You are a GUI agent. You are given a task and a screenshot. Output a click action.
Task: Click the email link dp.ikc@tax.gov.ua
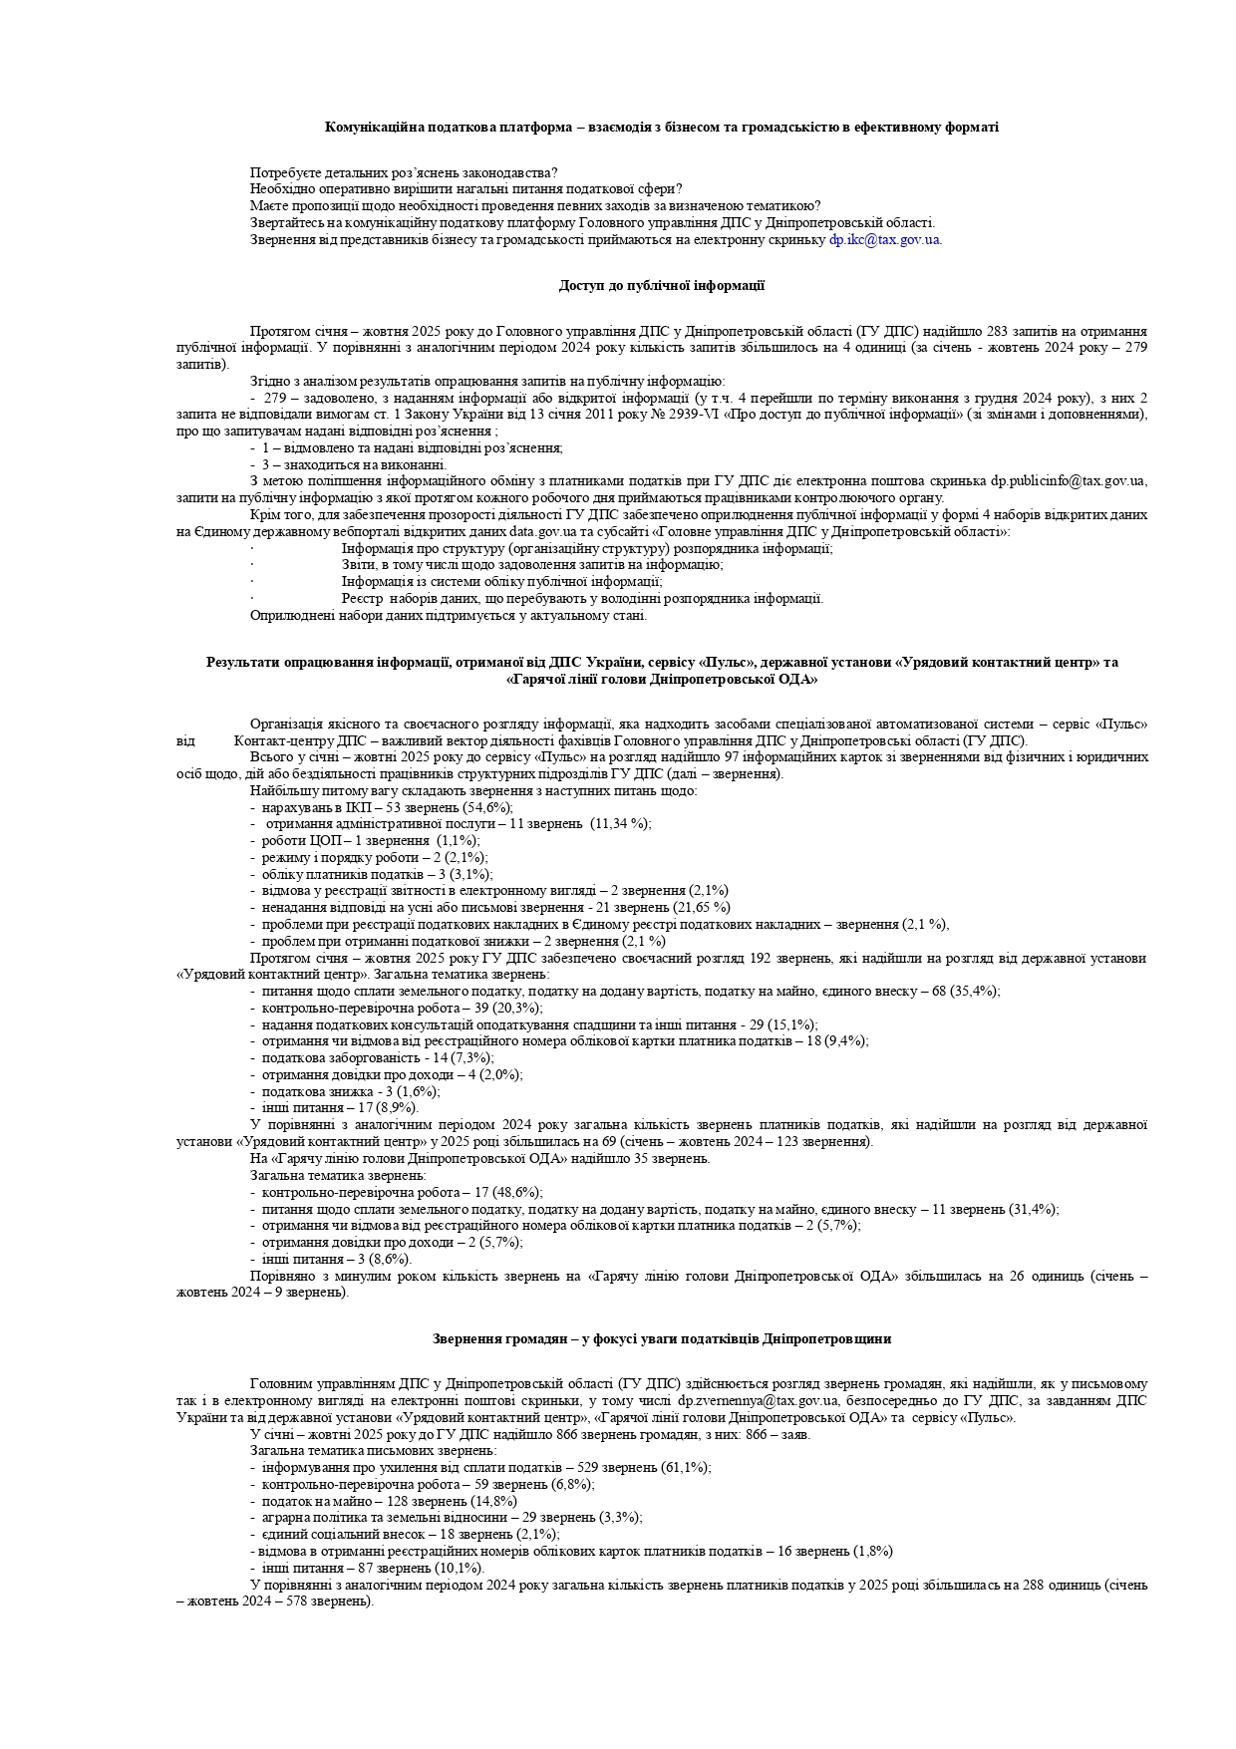[885, 239]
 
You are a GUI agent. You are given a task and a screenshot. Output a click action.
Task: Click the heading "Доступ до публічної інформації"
[661, 286]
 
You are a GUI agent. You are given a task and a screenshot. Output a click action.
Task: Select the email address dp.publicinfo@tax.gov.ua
[1068, 481]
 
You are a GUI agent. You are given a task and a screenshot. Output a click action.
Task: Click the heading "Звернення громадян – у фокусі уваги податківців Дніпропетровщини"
[661, 1338]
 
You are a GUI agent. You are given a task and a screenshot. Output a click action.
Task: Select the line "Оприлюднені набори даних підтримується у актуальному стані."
[449, 615]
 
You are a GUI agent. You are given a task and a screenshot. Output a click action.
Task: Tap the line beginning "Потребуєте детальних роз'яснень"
[404, 172]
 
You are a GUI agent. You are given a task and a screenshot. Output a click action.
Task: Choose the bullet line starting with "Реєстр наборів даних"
[582, 599]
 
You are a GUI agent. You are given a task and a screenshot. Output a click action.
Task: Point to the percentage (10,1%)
[458, 1568]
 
